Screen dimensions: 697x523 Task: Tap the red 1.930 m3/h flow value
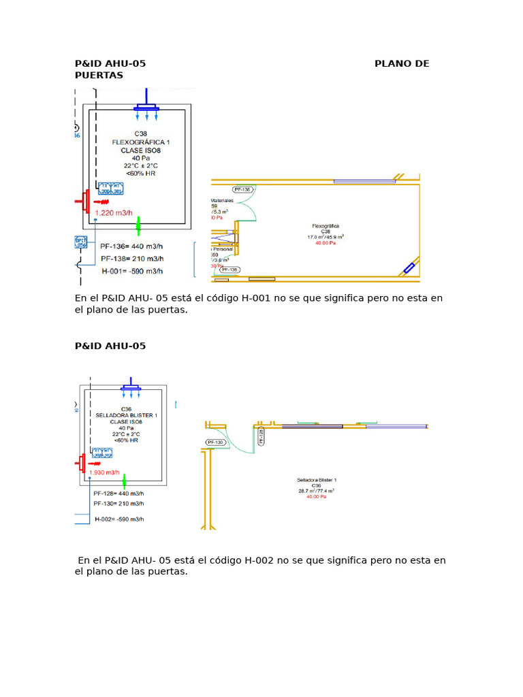pos(104,472)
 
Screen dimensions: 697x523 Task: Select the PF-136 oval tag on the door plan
pos(242,190)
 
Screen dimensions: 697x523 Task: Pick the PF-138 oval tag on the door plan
pos(229,270)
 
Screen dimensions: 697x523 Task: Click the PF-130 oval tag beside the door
pos(215,442)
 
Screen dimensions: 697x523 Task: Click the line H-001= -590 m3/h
pos(132,271)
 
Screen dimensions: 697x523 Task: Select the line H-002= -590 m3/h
pos(119,519)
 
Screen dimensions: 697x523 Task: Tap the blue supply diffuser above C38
pos(146,108)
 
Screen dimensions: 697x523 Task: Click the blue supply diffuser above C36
pos(131,388)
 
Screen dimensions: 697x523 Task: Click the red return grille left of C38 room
pos(85,201)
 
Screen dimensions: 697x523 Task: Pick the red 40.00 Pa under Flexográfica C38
pos(326,242)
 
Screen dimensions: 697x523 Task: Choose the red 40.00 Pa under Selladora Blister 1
pos(317,497)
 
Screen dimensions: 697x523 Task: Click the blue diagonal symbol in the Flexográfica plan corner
pos(409,268)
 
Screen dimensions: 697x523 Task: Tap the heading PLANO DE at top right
pos(402,64)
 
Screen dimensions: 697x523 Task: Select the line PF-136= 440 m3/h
pos(132,246)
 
